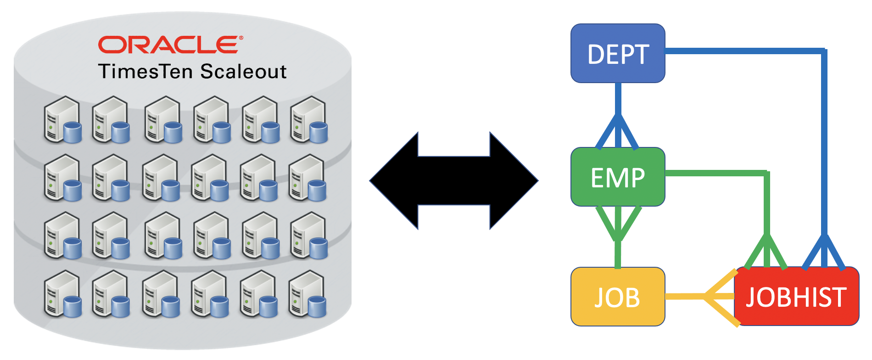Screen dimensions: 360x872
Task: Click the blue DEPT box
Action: [618, 53]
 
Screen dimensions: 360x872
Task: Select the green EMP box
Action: [618, 177]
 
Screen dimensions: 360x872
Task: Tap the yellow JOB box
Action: [618, 297]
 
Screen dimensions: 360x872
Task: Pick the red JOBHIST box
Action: [796, 297]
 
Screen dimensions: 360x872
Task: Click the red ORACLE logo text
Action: [170, 45]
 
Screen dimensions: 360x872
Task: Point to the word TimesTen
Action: [147, 72]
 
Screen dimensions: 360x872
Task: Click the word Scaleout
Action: [243, 72]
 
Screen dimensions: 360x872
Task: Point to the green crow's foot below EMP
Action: [618, 223]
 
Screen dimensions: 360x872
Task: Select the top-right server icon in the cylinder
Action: [309, 120]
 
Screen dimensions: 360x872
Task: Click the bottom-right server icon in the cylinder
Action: [307, 294]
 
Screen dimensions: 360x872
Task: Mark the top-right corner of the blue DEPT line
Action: [824, 51]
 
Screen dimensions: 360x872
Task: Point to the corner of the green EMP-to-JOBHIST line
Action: [766, 173]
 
